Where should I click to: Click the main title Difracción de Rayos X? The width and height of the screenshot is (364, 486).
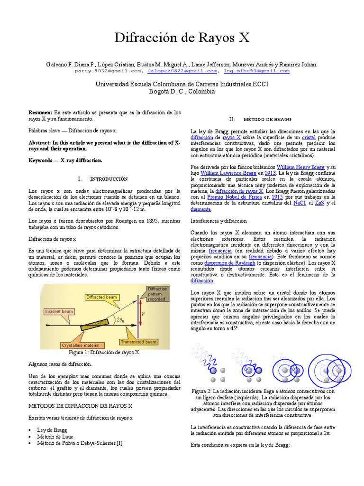coord(182,38)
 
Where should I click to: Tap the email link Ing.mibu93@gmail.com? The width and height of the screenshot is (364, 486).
coord(256,71)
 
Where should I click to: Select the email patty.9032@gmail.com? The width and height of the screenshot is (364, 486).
coord(108,71)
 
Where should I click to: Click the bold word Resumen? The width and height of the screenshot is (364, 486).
coord(40,112)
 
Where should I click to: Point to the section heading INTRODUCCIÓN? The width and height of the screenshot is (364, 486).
coord(109,179)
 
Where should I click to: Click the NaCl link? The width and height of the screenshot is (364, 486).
coord(300,203)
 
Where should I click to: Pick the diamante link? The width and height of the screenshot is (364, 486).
coord(200,209)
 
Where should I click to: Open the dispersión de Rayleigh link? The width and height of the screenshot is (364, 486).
coord(229,262)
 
